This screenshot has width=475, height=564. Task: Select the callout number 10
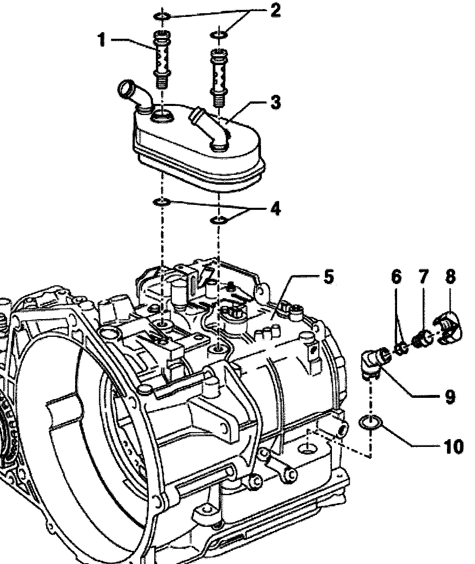[x=454, y=446]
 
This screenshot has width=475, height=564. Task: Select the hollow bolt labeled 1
[x=162, y=59]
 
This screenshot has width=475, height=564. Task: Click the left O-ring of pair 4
[x=162, y=202]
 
